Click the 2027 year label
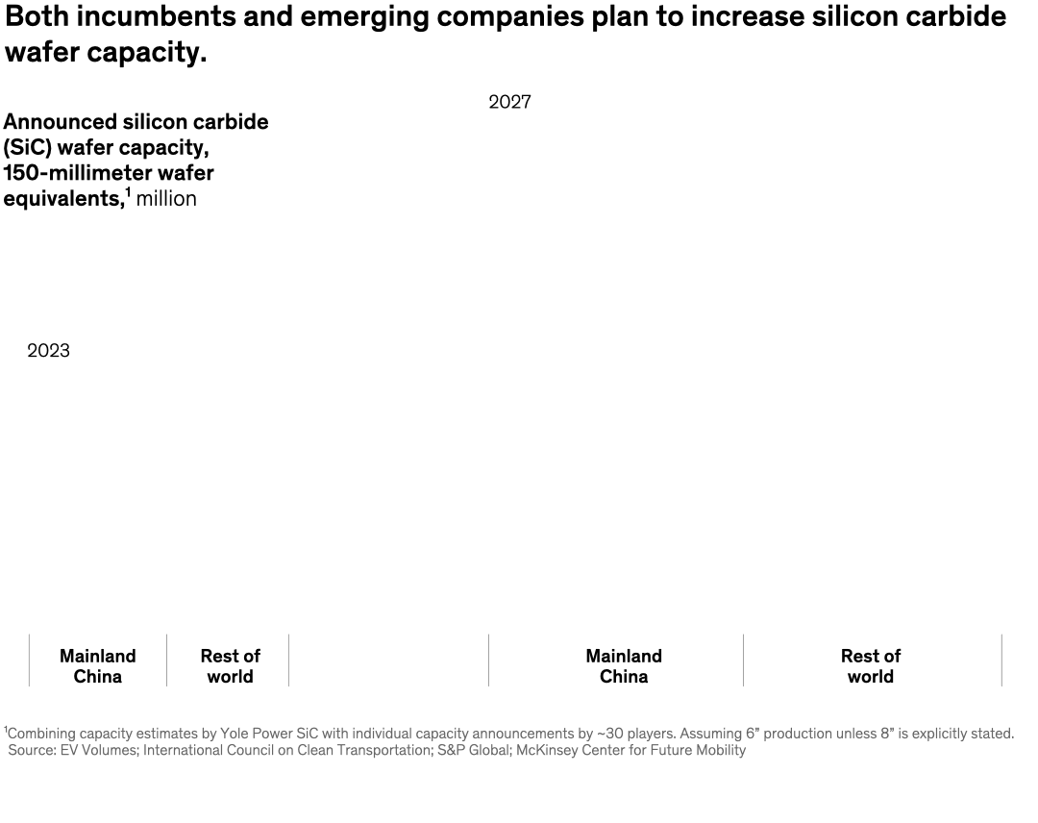[509, 102]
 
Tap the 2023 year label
[48, 351]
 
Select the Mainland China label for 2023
[97, 666]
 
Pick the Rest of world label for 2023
[230, 666]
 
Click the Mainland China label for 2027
[624, 666]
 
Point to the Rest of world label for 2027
[870, 666]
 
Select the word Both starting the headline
[37, 16]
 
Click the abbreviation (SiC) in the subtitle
[27, 148]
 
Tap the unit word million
[166, 199]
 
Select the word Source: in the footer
[32, 750]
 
